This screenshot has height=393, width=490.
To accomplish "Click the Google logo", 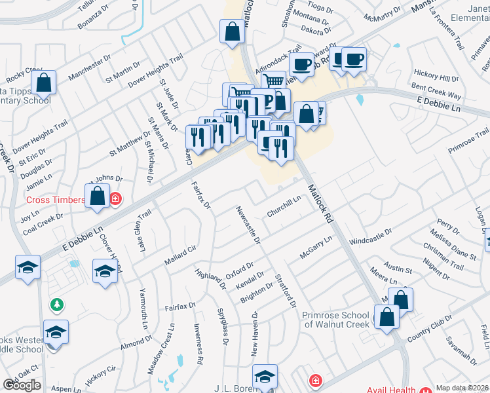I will tap(22, 385).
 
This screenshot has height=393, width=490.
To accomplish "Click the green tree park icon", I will tap(58, 305).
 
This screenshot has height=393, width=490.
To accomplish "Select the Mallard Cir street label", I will tap(180, 255).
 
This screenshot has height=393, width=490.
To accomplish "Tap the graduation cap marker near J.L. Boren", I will tap(265, 377).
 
